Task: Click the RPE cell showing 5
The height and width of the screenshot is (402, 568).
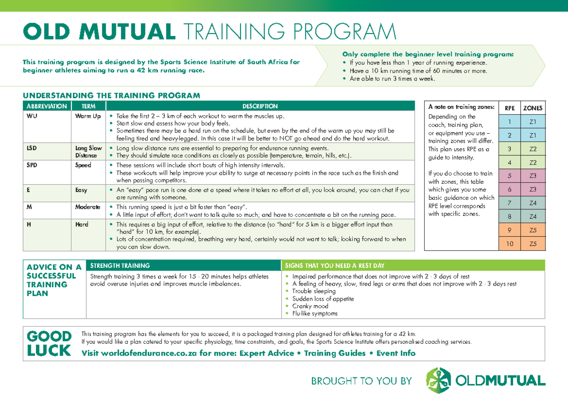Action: pos(509,176)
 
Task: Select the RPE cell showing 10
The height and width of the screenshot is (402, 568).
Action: pos(509,244)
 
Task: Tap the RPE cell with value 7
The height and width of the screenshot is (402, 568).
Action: pos(509,203)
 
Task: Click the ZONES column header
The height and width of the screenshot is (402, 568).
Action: pos(533,108)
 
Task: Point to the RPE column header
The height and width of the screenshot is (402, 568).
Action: pos(509,108)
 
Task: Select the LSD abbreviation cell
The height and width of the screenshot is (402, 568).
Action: pos(31,148)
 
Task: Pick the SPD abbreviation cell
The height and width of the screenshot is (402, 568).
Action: pos(31,165)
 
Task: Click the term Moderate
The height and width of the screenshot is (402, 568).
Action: pos(88,207)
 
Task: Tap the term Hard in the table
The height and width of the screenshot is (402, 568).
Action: pos(82,224)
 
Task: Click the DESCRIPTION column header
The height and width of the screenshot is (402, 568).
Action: pos(260,106)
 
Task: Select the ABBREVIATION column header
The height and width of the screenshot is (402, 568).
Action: pos(46,106)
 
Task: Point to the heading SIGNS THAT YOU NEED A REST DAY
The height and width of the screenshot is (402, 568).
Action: pos(335,266)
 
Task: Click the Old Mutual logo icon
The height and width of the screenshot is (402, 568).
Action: pos(438,380)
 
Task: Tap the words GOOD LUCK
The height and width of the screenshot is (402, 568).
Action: pos(49,344)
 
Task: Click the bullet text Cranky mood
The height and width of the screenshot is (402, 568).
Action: pos(310,306)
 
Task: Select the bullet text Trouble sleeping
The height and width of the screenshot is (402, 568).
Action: pos(313,291)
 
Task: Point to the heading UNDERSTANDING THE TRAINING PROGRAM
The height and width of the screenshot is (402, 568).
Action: pos(111,95)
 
